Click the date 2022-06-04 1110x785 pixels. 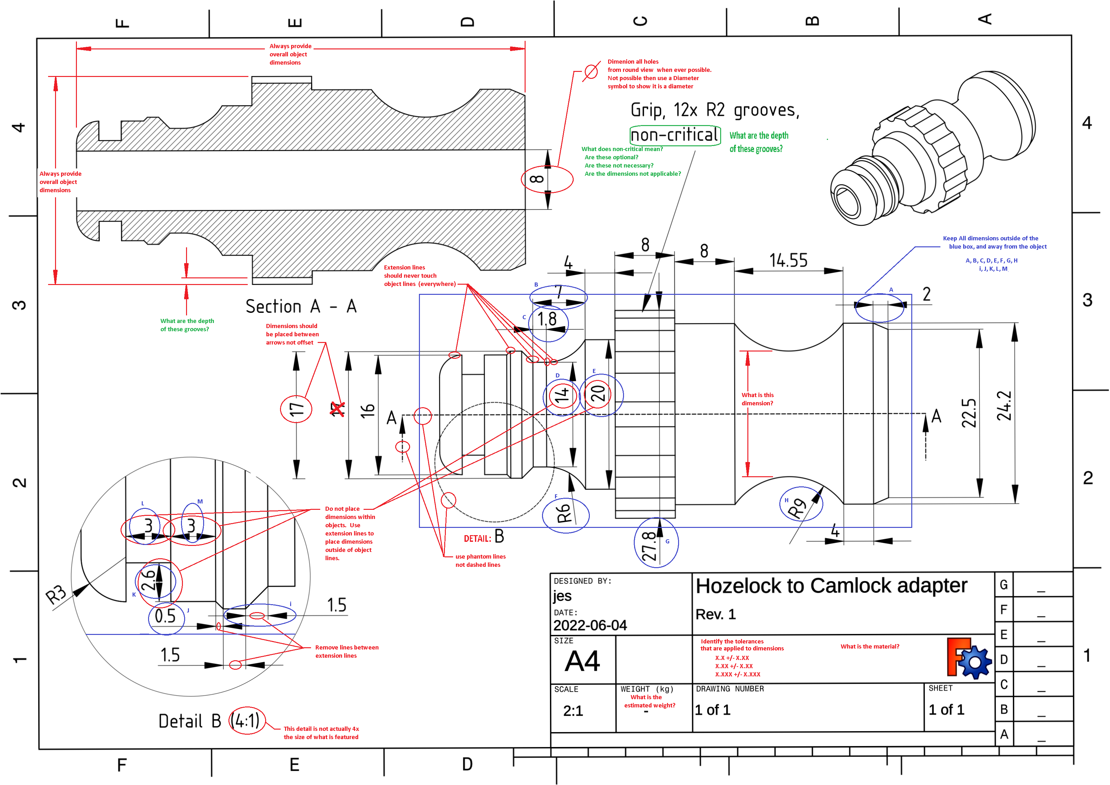pos(590,625)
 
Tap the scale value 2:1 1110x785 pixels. pos(573,711)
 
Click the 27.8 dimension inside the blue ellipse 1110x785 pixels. pos(649,546)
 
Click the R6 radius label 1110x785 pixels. pos(564,514)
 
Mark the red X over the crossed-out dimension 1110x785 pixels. pos(337,409)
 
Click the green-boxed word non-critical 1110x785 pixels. pos(675,135)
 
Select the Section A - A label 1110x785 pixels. pos(301,306)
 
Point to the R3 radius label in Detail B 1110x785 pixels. pos(56,594)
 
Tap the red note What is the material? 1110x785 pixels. pos(870,646)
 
